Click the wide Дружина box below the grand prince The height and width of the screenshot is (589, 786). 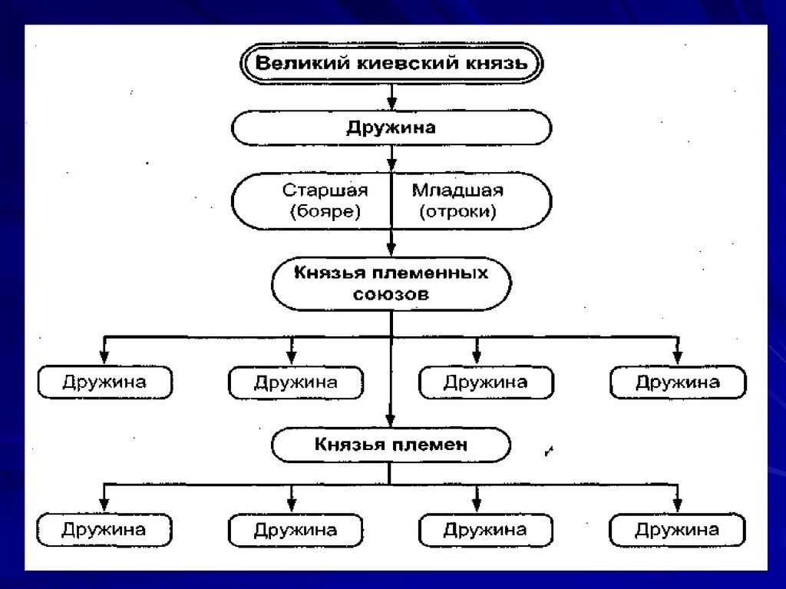[391, 127]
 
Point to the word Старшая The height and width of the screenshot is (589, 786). [325, 190]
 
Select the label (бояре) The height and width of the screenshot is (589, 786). [325, 212]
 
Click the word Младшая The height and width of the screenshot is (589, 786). [457, 190]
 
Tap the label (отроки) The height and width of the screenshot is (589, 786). [457, 212]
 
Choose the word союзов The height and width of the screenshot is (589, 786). [391, 294]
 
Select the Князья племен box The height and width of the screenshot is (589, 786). [391, 444]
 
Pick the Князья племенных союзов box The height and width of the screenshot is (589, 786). [391, 283]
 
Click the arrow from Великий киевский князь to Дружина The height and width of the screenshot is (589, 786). [391, 95]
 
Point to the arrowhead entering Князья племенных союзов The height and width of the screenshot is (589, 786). [391, 250]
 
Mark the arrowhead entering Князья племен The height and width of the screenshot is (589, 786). [391, 420]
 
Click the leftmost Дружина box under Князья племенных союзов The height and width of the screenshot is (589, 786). [104, 382]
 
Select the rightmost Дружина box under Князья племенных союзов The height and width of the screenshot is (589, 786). [677, 382]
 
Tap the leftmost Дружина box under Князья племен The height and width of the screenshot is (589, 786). [104, 530]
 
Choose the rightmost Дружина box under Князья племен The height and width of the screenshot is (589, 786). [677, 530]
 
